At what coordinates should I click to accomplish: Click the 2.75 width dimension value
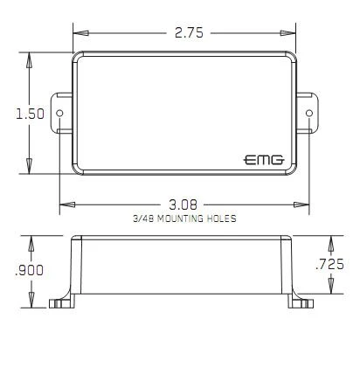click(x=189, y=32)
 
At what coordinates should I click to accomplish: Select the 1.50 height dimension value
click(x=30, y=114)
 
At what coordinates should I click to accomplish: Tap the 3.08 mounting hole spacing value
click(x=183, y=204)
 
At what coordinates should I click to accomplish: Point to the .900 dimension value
click(x=29, y=270)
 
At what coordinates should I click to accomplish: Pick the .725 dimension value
click(x=329, y=264)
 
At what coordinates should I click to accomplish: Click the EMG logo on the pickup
click(x=264, y=160)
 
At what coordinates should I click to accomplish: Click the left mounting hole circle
click(x=59, y=113)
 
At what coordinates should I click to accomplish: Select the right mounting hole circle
click(x=309, y=113)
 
